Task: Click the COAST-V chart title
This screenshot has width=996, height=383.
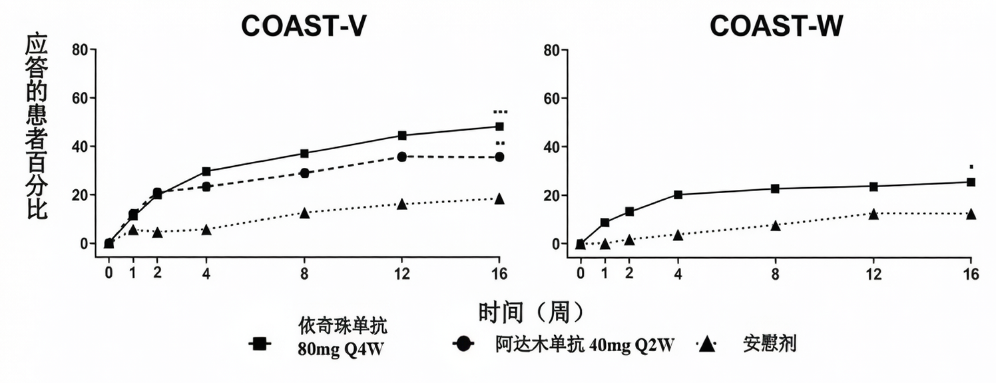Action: [x=304, y=26]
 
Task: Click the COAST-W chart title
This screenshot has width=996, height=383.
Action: [x=776, y=26]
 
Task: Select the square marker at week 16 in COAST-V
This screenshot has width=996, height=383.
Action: [x=499, y=127]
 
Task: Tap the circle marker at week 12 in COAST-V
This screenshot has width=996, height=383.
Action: [x=402, y=157]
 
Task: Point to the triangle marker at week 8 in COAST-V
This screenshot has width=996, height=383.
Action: [x=304, y=212]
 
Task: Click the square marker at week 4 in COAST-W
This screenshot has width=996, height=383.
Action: [x=678, y=194]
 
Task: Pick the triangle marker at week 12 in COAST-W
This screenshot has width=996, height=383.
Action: [x=873, y=214]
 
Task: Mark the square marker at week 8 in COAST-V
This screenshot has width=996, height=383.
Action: [x=304, y=153]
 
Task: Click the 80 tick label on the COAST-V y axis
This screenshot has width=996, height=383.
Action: [x=81, y=50]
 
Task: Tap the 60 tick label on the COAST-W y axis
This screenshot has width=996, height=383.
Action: [x=553, y=99]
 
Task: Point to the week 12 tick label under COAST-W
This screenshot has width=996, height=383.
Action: [x=873, y=274]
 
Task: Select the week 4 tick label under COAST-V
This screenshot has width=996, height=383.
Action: [x=206, y=274]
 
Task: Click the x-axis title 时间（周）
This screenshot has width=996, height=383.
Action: [x=531, y=312]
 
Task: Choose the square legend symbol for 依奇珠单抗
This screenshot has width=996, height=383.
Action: [x=260, y=344]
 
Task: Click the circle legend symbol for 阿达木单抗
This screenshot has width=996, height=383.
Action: [x=463, y=344]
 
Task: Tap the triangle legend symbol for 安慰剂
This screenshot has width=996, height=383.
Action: [x=707, y=345]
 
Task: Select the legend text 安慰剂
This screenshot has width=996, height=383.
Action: [x=770, y=344]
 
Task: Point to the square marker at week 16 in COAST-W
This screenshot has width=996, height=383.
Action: [x=971, y=182]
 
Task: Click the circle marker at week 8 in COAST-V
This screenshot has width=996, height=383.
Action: [x=304, y=173]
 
